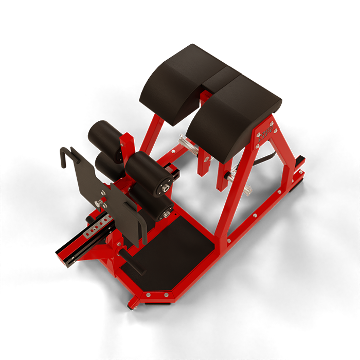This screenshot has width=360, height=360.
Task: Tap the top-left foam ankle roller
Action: (105, 137)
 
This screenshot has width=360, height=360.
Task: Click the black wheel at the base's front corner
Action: (133, 307)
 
